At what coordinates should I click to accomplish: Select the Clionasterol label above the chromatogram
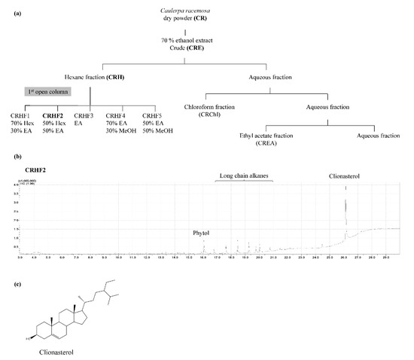coord(345,176)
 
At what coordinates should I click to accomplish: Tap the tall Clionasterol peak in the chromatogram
coord(346,211)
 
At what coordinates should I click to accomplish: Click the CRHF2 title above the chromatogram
coord(26,172)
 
